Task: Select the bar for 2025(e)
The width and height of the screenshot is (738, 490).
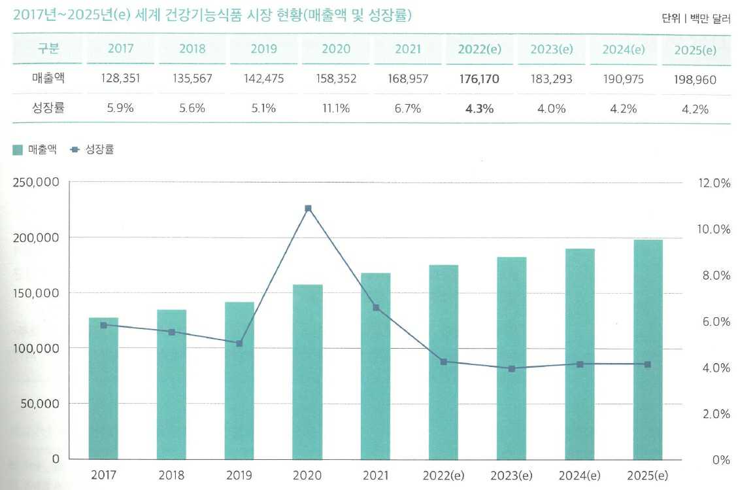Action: coord(648,349)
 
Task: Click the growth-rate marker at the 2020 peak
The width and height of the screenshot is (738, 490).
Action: coord(308,209)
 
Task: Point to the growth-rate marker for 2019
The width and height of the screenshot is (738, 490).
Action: coord(239,343)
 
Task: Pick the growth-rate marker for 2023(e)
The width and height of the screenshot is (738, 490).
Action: coord(512,369)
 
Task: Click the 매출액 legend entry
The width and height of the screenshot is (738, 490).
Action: coord(35,150)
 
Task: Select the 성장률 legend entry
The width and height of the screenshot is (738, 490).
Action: coord(93,150)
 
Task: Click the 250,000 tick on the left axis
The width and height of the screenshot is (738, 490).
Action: coord(37,183)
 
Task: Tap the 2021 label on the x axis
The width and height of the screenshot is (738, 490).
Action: coord(375,476)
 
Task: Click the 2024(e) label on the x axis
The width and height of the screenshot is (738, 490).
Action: coord(580,476)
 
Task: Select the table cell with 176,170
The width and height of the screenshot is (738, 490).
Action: coord(479,79)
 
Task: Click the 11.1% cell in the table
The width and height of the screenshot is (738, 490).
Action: coord(335,108)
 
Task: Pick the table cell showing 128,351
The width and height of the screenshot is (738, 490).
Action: coord(120,79)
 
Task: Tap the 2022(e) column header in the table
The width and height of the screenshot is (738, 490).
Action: coord(479,49)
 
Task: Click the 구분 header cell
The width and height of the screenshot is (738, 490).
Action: coord(48,49)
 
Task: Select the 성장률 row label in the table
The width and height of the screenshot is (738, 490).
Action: coord(48,108)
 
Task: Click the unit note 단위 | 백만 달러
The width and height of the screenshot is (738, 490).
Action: coord(696,19)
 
